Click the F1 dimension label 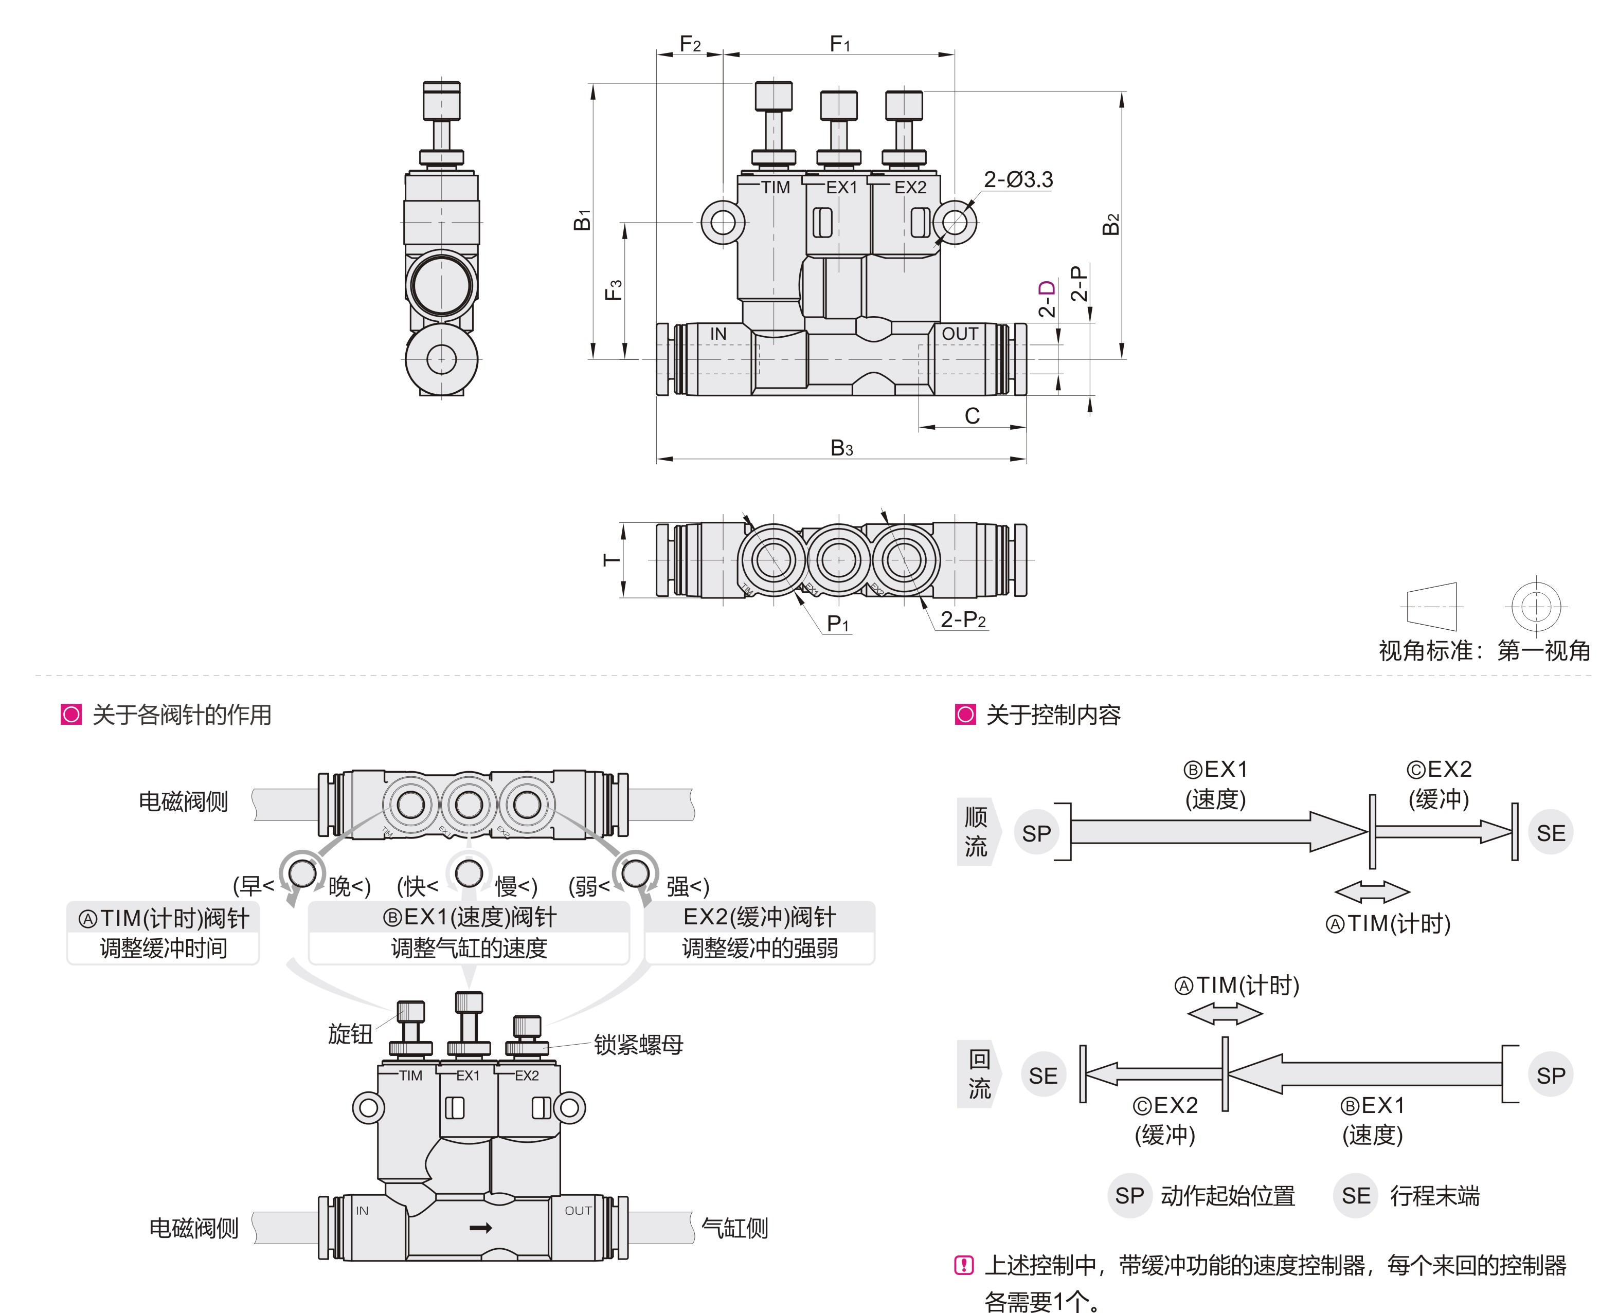[840, 43]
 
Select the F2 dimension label [690, 44]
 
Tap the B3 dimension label [841, 448]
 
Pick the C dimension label [972, 415]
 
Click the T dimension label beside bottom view [611, 560]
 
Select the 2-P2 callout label [963, 619]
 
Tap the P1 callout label [837, 623]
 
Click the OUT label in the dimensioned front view [959, 334]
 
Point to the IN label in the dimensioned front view [718, 334]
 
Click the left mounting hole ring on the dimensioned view [723, 223]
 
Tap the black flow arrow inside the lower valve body [481, 1228]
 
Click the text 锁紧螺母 [638, 1045]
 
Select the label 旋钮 [350, 1033]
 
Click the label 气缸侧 [734, 1228]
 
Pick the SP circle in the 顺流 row [1036, 833]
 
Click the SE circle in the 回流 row [1043, 1075]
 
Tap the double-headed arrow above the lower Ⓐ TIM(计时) [1225, 1013]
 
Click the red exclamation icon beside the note [964, 1265]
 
